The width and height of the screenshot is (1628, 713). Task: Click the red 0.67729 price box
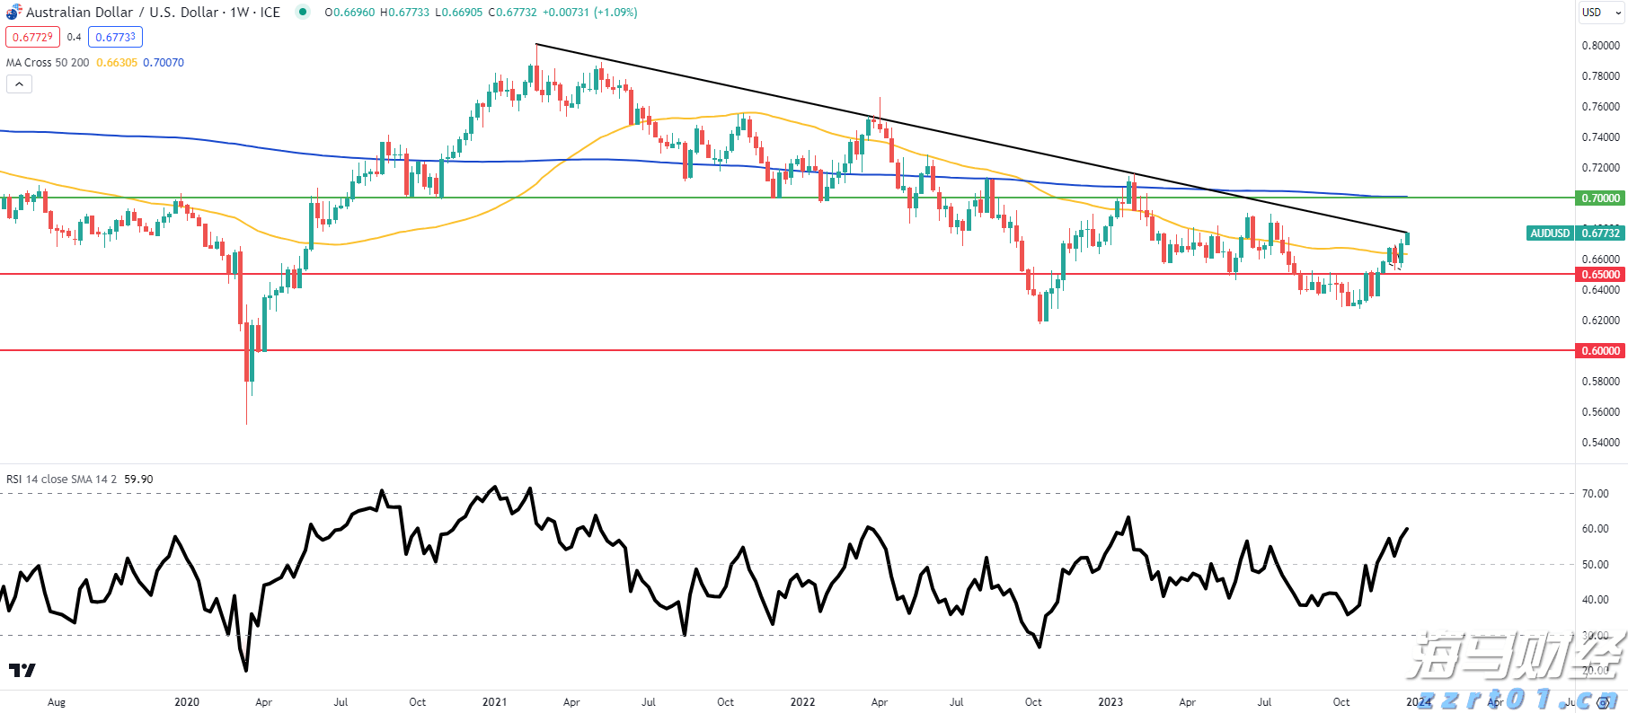[x=32, y=37]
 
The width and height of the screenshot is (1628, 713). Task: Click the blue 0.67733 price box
[x=115, y=37]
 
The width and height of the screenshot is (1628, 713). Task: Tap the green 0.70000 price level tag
[x=1600, y=198]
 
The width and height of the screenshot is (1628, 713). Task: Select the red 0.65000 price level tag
[x=1600, y=275]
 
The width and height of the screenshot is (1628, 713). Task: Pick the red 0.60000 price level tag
[x=1600, y=351]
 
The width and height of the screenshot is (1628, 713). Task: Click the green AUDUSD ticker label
[x=1550, y=233]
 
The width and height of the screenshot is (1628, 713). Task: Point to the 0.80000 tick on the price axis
[x=1600, y=46]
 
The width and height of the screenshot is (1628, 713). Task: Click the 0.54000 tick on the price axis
[x=1600, y=443]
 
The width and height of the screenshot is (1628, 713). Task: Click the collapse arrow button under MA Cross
[x=19, y=84]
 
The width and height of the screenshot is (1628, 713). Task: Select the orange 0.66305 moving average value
[x=117, y=63]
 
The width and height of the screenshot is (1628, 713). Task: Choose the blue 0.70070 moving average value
[x=164, y=63]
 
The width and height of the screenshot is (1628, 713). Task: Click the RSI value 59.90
[x=138, y=480]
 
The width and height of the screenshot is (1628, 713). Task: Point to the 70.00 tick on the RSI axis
[x=1595, y=494]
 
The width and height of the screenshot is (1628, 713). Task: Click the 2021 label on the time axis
[x=494, y=702]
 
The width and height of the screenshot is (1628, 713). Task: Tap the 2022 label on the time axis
[x=802, y=702]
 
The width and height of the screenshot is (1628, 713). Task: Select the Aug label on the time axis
[x=57, y=702]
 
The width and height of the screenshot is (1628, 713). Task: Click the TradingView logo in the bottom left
[x=22, y=670]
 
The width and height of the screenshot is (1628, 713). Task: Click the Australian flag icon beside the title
[x=13, y=13]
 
